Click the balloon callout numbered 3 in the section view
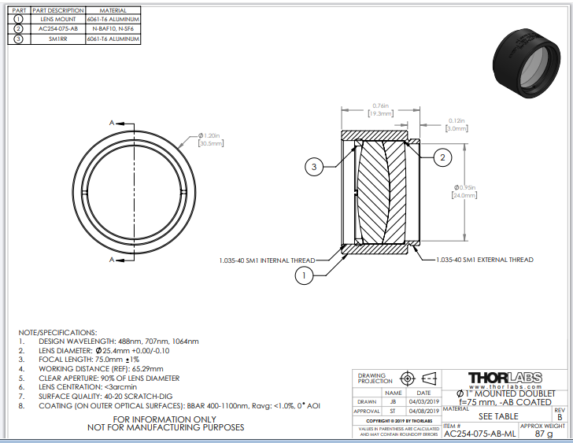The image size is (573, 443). pyautogui.click(x=314, y=167)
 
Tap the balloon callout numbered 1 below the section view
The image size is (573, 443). pyautogui.click(x=305, y=275)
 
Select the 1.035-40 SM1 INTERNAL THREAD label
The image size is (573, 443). pyautogui.click(x=267, y=260)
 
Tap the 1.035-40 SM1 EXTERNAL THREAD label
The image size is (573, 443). pyautogui.click(x=484, y=260)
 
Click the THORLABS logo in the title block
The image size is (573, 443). pyautogui.click(x=505, y=378)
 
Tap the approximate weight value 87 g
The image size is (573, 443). pyautogui.click(x=544, y=433)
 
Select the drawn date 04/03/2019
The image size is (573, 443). pyautogui.click(x=423, y=401)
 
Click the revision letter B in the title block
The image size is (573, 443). pyautogui.click(x=560, y=417)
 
